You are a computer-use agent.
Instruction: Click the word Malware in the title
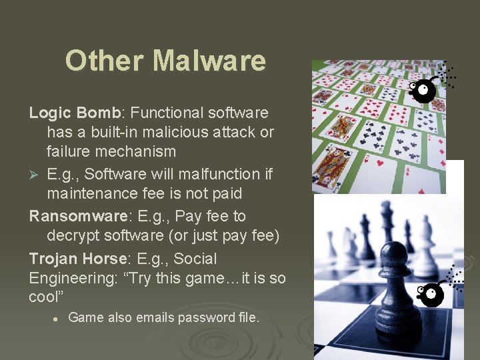pos(209,61)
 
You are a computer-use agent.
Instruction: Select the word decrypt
pos(73,237)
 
